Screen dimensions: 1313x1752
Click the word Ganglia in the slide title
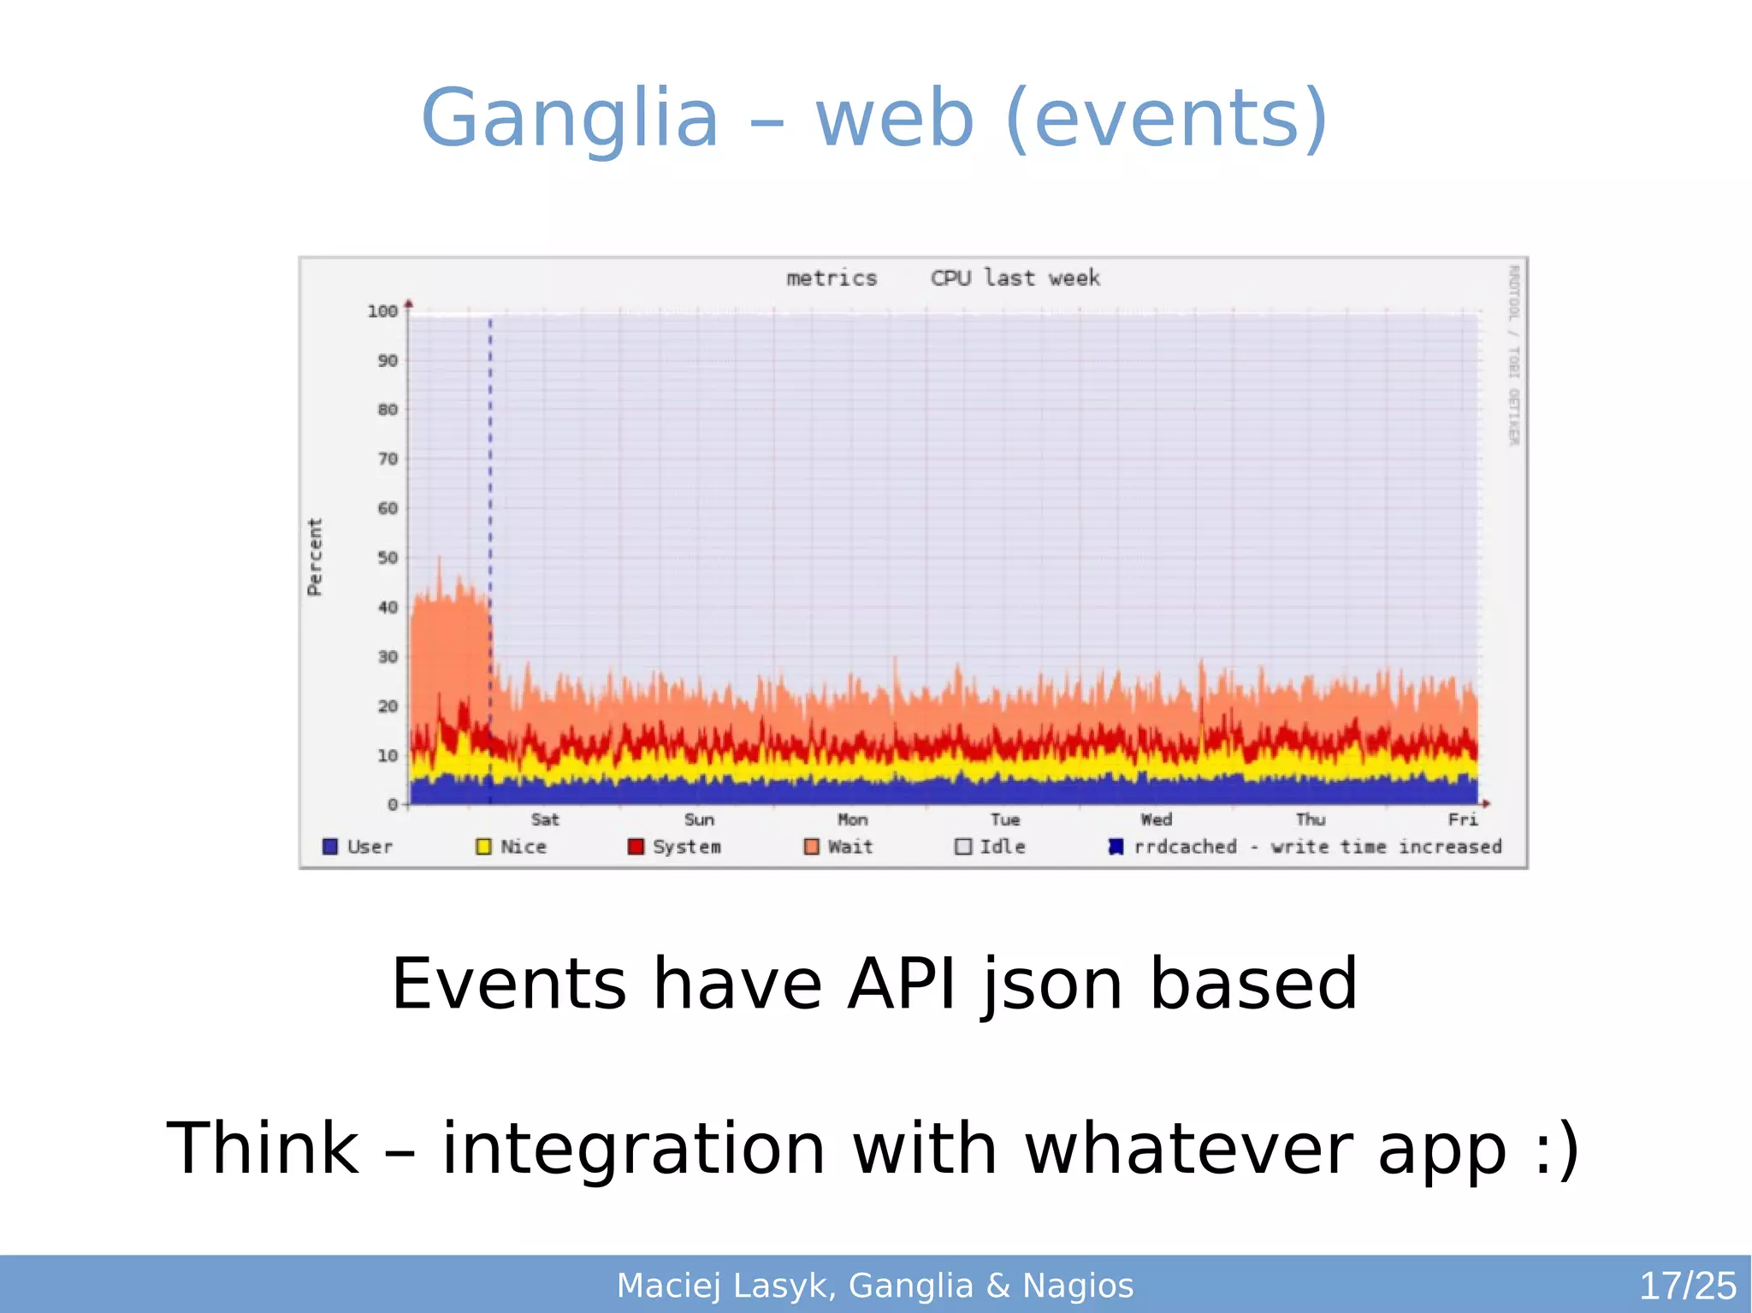[570, 118]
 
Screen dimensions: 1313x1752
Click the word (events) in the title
[1167, 118]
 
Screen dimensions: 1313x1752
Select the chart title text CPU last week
[1015, 278]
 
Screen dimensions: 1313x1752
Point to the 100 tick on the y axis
[382, 311]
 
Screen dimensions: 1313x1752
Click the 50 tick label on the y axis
[388, 558]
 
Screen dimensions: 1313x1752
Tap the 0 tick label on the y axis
[393, 804]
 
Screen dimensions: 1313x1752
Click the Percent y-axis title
[315, 557]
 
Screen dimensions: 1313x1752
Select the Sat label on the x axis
[545, 819]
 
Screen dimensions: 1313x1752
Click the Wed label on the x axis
[1157, 819]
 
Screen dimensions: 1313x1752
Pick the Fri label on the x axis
[1463, 819]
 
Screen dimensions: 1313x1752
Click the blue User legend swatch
[330, 847]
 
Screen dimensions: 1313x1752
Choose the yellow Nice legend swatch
[483, 847]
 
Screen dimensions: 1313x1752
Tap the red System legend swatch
[636, 847]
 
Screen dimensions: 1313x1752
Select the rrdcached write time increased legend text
[1317, 847]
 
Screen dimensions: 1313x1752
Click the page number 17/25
[1687, 1286]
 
